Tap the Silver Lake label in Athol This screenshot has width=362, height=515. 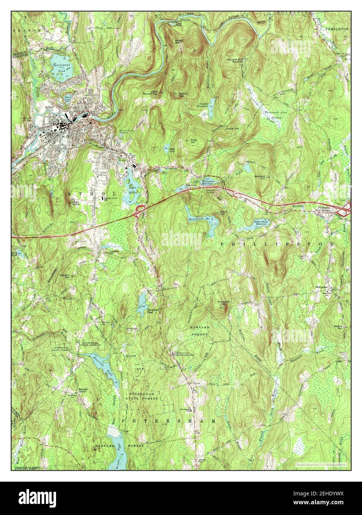tap(69, 99)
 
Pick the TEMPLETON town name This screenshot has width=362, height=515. tap(337, 29)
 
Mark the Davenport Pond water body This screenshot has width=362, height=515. tap(142, 299)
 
